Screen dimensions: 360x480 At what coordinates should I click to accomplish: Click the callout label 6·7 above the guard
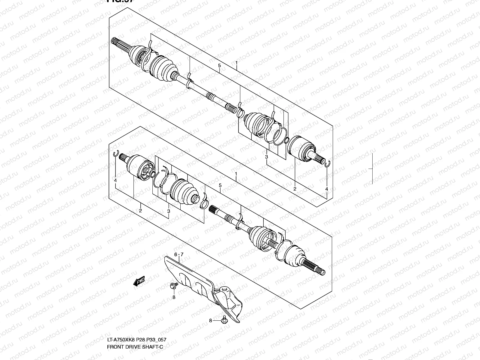178,254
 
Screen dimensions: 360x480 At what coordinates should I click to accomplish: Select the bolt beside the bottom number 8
223,321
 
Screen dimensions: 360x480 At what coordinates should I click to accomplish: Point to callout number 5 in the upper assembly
219,65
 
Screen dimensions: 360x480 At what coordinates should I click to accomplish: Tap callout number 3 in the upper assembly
266,157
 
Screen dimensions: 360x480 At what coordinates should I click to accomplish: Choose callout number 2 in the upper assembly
295,189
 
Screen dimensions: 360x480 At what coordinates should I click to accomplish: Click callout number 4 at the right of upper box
327,189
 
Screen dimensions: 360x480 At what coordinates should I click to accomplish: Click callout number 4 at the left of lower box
115,180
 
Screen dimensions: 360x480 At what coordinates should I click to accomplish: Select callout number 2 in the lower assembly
140,211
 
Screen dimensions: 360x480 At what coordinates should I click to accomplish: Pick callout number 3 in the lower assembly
169,211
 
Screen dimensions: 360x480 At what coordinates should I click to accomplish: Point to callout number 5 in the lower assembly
220,185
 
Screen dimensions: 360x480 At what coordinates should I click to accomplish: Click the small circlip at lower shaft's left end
115,154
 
